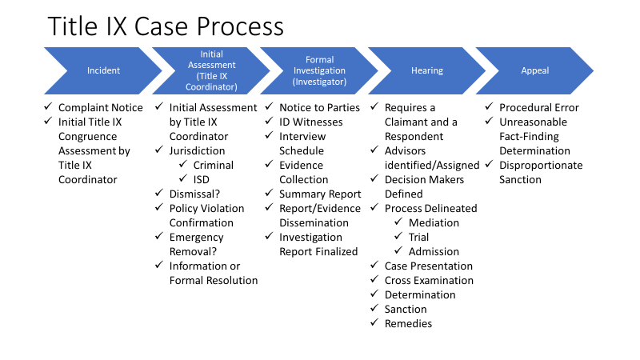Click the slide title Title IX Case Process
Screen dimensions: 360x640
(166, 26)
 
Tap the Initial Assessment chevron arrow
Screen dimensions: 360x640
(212, 70)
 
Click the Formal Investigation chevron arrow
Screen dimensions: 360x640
(320, 70)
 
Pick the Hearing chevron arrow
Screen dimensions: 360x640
(427, 70)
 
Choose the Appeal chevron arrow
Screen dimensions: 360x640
(535, 70)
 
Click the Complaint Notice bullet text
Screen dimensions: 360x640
(101, 107)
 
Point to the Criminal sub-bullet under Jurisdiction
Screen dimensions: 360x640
(214, 165)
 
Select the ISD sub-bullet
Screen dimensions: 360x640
(202, 179)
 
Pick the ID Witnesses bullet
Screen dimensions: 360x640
(311, 122)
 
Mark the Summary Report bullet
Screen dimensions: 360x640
(320, 194)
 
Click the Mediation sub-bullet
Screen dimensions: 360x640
(434, 222)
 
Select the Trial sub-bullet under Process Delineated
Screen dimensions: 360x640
(419, 237)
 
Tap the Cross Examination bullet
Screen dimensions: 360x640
(429, 280)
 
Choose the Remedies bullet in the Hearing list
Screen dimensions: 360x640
(408, 323)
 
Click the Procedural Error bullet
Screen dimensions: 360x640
(539, 107)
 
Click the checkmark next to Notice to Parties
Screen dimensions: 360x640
(270, 108)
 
